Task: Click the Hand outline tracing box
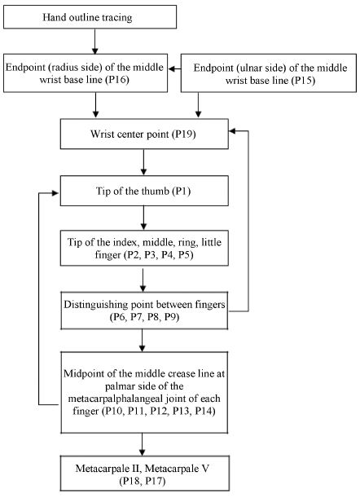point(95,15)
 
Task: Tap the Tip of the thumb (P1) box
point(145,193)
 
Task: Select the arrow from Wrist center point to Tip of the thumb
point(145,163)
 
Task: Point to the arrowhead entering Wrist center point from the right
point(232,129)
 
